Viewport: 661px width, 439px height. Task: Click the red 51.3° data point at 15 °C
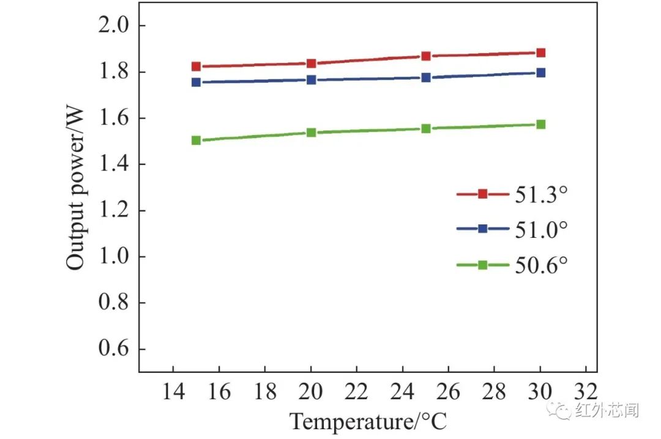coord(196,67)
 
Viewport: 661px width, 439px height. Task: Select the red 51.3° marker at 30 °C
coord(540,53)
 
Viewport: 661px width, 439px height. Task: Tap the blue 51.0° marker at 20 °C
coord(311,79)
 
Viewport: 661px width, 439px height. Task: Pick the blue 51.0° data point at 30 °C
coord(540,72)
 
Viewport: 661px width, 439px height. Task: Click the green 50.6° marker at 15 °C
coord(196,140)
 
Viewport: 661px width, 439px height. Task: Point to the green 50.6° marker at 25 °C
coord(426,128)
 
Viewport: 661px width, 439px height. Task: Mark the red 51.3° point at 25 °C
coord(426,56)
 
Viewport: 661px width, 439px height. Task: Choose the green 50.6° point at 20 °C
coord(311,132)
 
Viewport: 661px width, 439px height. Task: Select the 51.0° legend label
coord(541,229)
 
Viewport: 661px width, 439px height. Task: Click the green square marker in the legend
coord(482,265)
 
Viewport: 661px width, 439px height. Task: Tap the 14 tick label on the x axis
coord(173,391)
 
